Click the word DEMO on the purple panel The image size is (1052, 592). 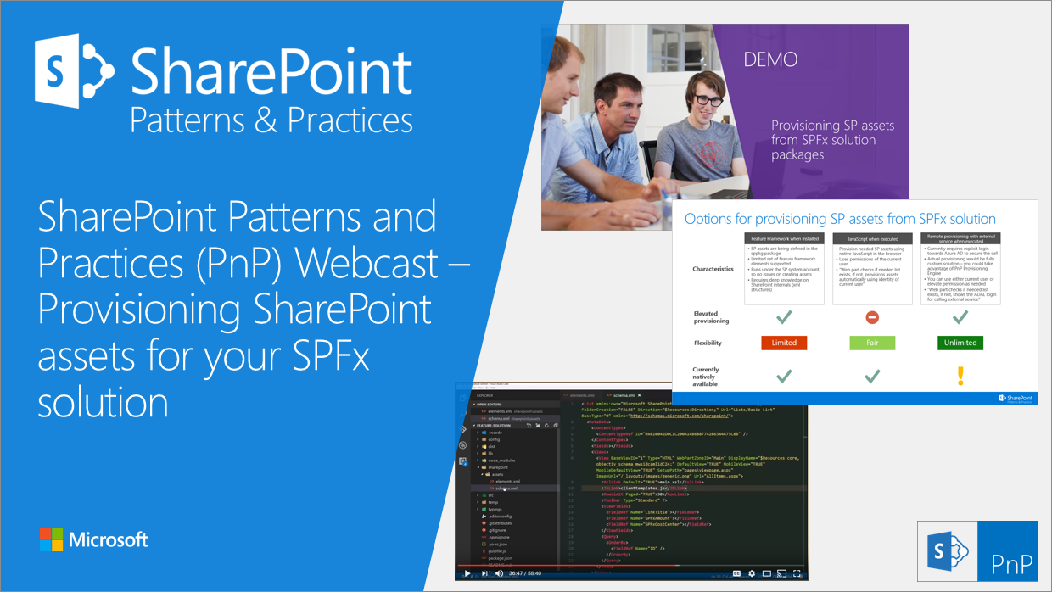770,59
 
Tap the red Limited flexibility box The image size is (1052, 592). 784,343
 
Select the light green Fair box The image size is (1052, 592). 871,343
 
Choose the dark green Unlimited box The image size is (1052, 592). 960,343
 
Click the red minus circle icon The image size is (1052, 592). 871,316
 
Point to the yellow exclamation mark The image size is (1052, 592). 960,376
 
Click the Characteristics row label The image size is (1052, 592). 713,269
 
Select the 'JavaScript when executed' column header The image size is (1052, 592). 871,239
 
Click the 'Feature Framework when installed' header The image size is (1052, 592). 784,239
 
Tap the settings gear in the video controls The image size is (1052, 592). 753,573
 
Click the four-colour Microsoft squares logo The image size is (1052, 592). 51,539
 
